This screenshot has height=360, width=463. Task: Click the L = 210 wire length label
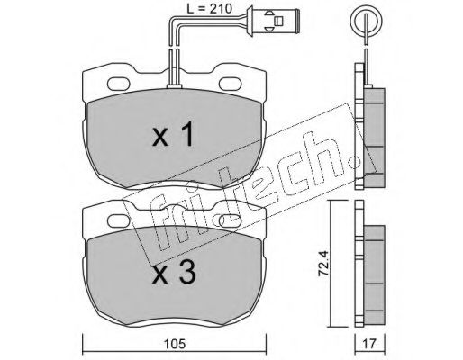[x=210, y=9]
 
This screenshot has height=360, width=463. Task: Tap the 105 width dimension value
[x=175, y=344]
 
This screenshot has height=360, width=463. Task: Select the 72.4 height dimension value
[x=323, y=264]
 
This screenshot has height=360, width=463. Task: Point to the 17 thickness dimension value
[x=369, y=344]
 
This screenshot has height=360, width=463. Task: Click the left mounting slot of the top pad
[x=119, y=84]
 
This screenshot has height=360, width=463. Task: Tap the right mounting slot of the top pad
[x=231, y=84]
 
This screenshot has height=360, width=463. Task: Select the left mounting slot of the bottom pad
[x=119, y=221]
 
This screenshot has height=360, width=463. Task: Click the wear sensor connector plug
[x=273, y=21]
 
